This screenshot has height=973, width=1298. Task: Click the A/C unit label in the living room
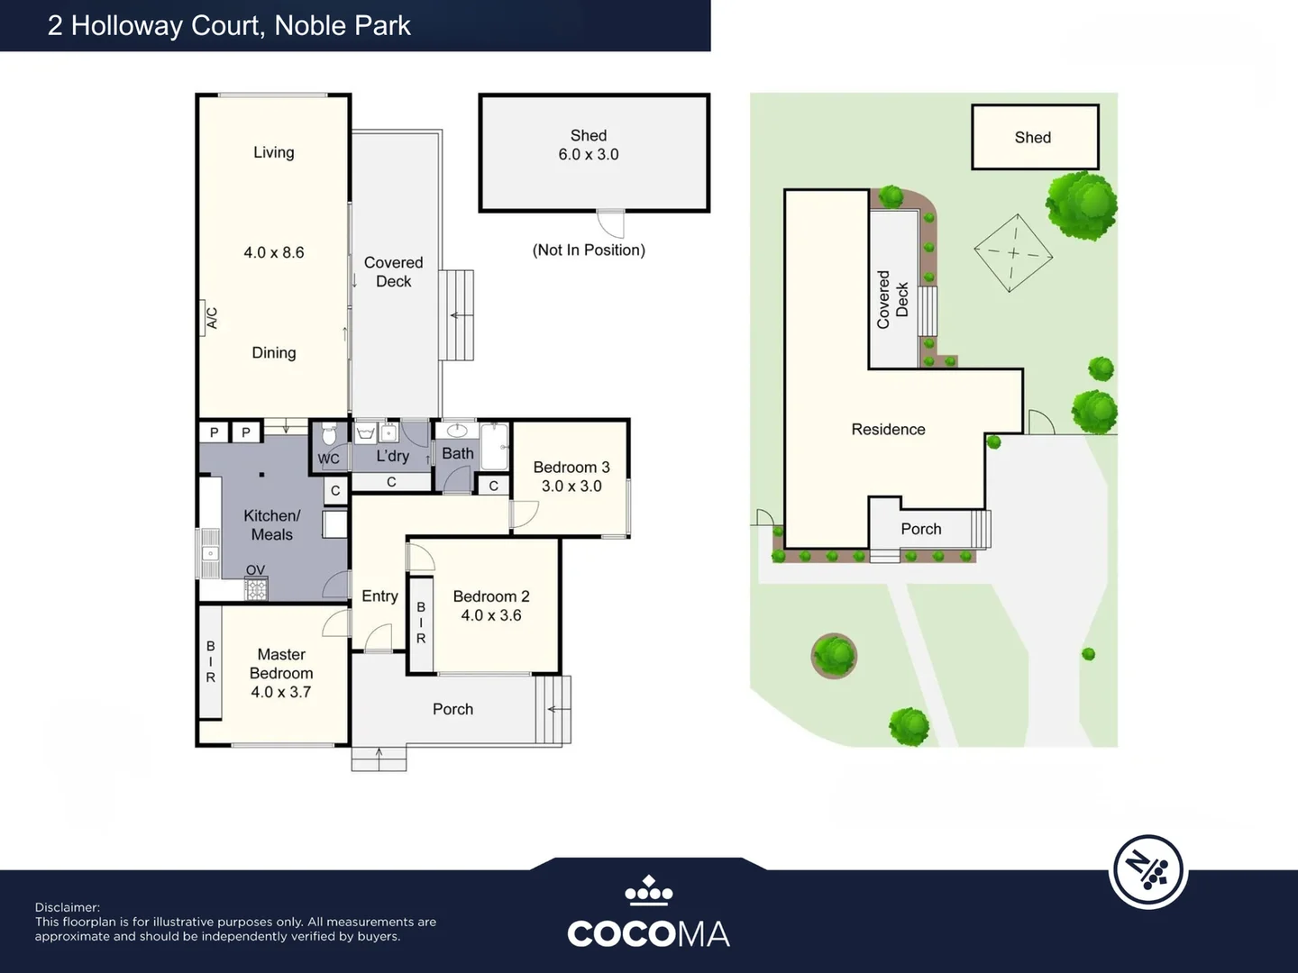coord(212,318)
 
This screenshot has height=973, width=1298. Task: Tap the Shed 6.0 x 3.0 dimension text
coord(588,155)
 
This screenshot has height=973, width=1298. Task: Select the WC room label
coord(328,459)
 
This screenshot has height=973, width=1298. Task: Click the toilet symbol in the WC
coord(329,435)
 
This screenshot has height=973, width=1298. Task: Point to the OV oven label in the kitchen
coord(255,570)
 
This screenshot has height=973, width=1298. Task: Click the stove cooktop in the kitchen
coord(256,590)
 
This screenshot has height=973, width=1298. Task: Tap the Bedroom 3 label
coord(571,467)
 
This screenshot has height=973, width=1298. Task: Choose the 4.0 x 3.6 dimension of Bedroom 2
coord(490,615)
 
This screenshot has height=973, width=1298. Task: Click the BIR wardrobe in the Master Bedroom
coord(210,662)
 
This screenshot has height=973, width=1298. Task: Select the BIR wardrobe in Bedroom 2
coord(420,623)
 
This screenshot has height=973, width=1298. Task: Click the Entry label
coord(379,596)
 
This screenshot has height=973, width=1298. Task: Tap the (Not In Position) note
coord(589,250)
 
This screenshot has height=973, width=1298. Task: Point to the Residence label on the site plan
coord(888,430)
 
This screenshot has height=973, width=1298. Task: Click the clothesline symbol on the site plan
coord(1013,253)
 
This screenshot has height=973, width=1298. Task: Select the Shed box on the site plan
coord(1034,137)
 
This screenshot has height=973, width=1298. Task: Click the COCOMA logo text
coord(648,933)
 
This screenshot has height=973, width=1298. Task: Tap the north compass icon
coord(1147,871)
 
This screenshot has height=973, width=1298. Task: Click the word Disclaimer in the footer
coord(68,907)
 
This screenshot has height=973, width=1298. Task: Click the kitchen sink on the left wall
coord(209,553)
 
